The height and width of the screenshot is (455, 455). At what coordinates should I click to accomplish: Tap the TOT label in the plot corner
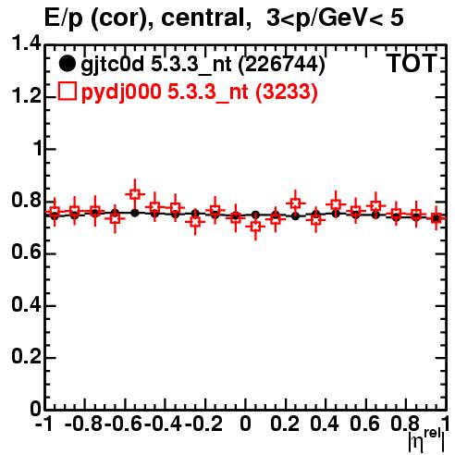point(412,63)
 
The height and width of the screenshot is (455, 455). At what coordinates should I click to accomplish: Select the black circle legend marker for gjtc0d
point(67,64)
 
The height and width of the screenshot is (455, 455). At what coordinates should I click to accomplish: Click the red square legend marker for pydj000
point(67,91)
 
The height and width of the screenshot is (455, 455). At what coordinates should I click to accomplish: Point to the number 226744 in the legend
point(281,65)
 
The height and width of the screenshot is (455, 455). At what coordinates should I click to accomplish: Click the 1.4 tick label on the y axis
point(26,43)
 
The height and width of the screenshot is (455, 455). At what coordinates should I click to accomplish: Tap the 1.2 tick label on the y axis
point(26,96)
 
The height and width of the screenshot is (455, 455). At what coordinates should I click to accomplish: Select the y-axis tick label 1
point(37,148)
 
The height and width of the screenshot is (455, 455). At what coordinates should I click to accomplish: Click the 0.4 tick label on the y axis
point(26,304)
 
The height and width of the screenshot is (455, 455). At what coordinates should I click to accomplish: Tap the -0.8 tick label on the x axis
point(83,424)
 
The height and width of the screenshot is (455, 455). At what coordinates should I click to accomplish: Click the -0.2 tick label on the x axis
point(203,424)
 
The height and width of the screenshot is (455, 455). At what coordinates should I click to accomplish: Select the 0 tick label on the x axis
point(245,424)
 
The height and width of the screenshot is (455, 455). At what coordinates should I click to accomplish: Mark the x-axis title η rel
point(426,441)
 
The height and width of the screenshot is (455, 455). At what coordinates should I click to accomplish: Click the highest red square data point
point(135,194)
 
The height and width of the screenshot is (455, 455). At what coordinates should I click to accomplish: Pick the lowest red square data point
point(255,227)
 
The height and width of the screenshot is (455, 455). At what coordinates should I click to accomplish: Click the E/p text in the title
point(64,18)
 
